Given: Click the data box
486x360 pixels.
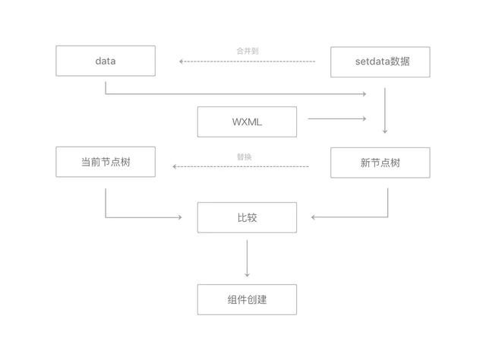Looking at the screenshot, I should point(106,61).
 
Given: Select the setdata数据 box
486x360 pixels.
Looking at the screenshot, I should point(380,62).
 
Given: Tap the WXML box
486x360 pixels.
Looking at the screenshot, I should point(247,122).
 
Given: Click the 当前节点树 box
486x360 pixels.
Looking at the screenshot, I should point(106,162).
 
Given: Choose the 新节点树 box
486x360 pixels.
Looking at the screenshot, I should point(380,163).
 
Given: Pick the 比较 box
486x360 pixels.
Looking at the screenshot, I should point(247,217).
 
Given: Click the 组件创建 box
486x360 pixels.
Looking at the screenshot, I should point(247,299).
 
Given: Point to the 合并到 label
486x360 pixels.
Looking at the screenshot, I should point(248,51).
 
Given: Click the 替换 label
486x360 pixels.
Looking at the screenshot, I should point(244,156).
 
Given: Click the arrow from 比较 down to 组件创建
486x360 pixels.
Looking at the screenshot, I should point(247,258).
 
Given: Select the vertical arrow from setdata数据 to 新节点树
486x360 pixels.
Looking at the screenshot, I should point(385,110).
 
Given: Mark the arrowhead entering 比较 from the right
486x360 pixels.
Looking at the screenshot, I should point(314,217).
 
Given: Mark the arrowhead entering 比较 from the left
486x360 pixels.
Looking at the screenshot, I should point(179,217).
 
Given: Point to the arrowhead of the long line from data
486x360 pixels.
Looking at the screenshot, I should point(364,94).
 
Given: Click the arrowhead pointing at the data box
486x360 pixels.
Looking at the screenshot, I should point(181,61).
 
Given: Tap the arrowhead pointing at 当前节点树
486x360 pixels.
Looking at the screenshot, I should point(175,166).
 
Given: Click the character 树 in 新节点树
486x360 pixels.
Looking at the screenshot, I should point(395,163).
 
